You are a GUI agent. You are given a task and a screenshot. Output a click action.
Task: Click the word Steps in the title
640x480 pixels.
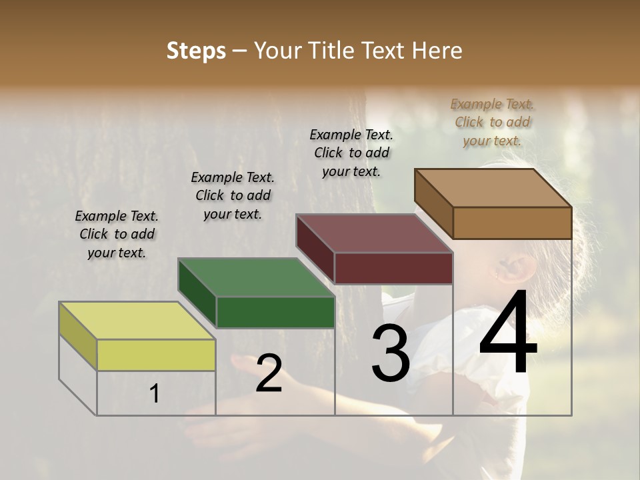(x=196, y=51)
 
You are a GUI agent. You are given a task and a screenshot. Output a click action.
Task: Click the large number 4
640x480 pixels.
(x=508, y=333)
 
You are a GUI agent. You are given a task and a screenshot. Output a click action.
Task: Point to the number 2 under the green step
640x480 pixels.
(x=269, y=373)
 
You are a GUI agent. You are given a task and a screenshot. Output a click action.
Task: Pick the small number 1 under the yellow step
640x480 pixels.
(x=155, y=394)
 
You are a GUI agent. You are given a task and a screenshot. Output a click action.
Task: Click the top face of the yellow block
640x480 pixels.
(x=137, y=321)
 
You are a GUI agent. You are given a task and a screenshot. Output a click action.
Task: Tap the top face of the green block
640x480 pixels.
(x=256, y=277)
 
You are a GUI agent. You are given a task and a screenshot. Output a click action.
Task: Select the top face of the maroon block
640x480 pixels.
(x=375, y=233)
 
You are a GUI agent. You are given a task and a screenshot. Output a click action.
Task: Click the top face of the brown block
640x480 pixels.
(x=493, y=188)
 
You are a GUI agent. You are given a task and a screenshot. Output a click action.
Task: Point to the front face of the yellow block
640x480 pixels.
(x=156, y=355)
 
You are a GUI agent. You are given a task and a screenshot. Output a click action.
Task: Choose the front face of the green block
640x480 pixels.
(x=275, y=312)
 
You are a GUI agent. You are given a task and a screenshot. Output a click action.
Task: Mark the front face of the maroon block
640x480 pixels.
(x=393, y=268)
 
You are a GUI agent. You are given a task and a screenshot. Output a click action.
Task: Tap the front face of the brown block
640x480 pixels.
(x=512, y=223)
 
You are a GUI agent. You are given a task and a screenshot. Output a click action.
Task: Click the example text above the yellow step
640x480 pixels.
(x=116, y=235)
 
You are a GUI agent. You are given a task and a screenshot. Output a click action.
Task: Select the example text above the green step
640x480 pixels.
(x=233, y=195)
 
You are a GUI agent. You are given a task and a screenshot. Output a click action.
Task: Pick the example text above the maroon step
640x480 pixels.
(x=351, y=153)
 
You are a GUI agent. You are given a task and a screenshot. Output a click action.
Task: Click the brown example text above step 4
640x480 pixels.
(x=492, y=122)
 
